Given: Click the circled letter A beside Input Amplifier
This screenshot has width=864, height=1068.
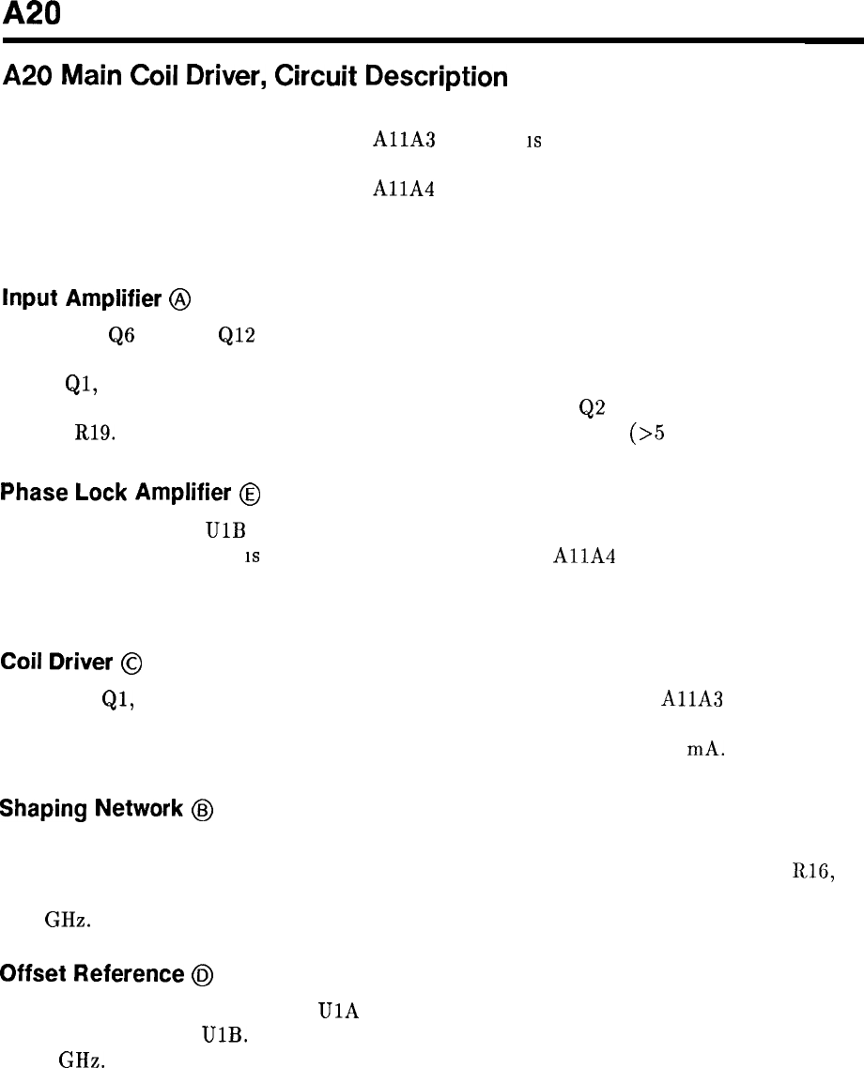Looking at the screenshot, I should pyautogui.click(x=182, y=299).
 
